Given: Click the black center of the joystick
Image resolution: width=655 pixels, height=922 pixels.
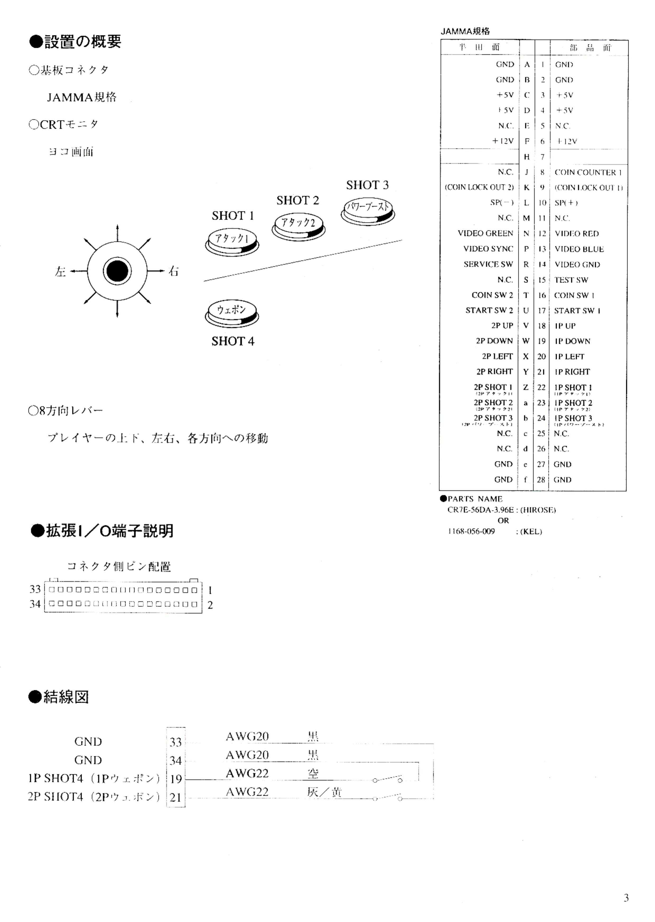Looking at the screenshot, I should (x=117, y=271).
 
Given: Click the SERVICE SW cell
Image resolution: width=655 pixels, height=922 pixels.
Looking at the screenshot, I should (x=488, y=264).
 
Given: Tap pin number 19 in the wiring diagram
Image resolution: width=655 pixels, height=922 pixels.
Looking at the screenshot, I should (x=176, y=779).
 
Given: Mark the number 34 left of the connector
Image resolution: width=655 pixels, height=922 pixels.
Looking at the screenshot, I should (x=35, y=604).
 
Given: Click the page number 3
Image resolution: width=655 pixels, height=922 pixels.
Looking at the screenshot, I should (x=626, y=897).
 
